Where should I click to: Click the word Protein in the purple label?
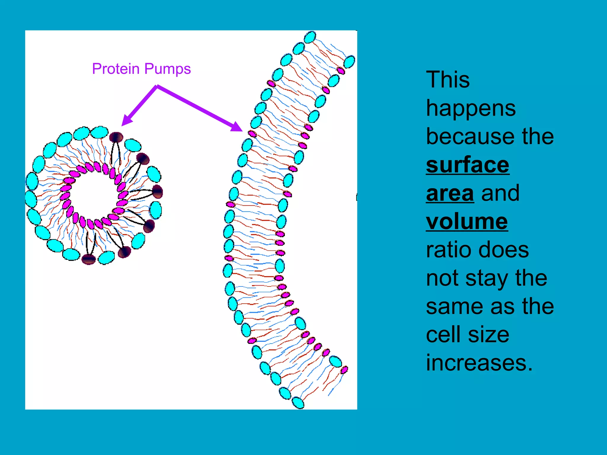pyautogui.click(x=116, y=69)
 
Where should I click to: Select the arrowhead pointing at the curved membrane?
pyautogui.click(x=237, y=127)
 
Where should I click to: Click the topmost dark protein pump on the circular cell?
pyautogui.click(x=116, y=137)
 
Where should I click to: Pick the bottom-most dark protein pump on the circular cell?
pyautogui.click(x=89, y=259)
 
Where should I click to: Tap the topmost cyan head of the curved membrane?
pyautogui.click(x=310, y=37)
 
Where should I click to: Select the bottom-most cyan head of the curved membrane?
pyautogui.click(x=298, y=403)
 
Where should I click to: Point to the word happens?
pyautogui.click(x=471, y=108)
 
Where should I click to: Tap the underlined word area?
pyautogui.click(x=450, y=193)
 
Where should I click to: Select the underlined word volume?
pyautogui.click(x=467, y=221)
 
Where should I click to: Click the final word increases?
pyautogui.click(x=479, y=363)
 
